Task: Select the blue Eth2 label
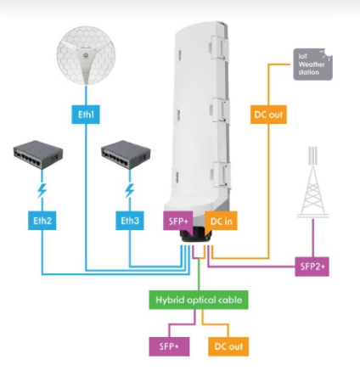(42, 222)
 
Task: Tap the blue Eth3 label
(129, 222)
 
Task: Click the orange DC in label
(218, 222)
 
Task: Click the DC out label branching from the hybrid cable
(227, 346)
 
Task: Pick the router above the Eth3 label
(129, 156)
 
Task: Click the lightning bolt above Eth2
(41, 192)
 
